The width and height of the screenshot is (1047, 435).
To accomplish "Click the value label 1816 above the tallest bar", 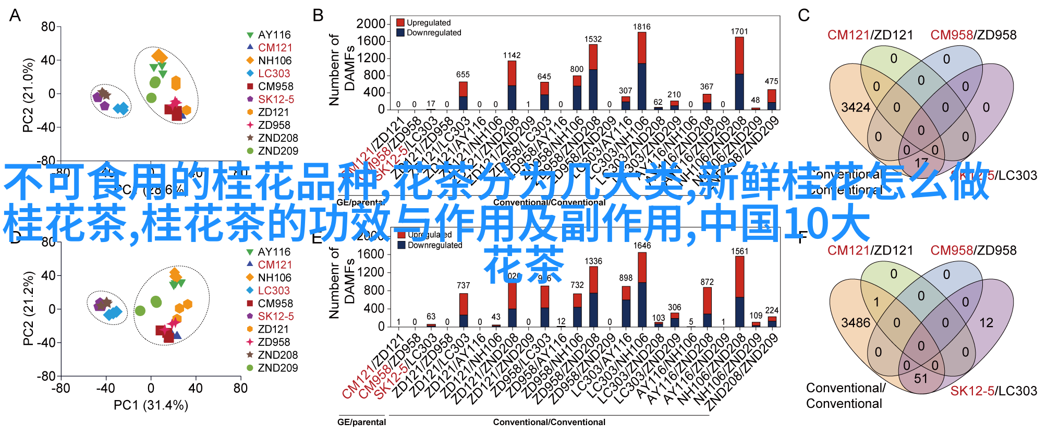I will tap(641, 27).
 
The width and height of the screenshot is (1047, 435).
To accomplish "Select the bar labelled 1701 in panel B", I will tap(739, 73).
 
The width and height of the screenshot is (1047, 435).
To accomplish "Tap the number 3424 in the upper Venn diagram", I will tap(856, 107).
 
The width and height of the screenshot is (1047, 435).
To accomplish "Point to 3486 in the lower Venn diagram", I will tap(856, 323).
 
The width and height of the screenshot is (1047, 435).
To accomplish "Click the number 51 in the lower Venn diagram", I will tap(921, 378).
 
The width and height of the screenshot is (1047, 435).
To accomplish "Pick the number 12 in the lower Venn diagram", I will tap(986, 323).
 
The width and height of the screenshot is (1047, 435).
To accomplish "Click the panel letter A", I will tap(15, 16).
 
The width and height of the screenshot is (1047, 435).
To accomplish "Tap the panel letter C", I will tap(803, 16).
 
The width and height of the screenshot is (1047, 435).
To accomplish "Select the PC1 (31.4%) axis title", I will tap(151, 405).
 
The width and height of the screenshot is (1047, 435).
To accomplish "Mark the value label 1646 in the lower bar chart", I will tap(642, 246).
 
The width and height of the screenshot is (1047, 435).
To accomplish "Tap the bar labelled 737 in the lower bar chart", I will tap(464, 310).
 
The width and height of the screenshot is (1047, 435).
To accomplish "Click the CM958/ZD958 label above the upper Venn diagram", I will tap(973, 35).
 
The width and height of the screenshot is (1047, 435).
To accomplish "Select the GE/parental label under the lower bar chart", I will tap(361, 422).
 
